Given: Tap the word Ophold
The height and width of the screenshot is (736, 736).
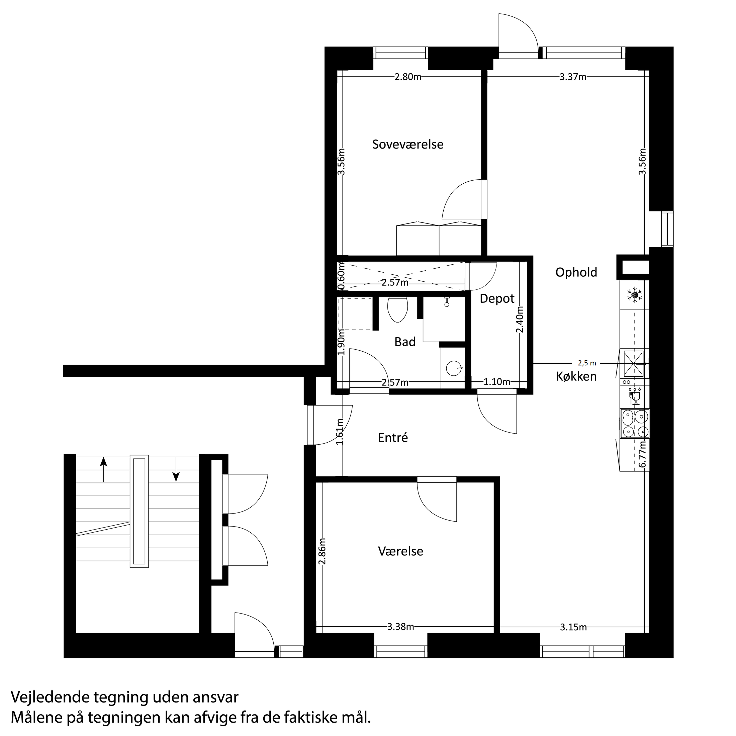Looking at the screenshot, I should point(576,272).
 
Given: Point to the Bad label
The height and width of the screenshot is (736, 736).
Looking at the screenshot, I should point(404,342).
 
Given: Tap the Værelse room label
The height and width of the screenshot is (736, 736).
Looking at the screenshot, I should point(400,551).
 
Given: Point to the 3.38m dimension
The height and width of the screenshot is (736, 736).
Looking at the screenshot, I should point(400,627).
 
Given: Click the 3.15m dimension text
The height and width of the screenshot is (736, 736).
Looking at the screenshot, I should point(573,627).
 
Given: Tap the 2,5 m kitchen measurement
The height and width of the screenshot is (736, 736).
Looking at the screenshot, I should point(587,363).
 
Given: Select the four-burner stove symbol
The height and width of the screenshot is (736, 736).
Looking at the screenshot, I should point(635,424).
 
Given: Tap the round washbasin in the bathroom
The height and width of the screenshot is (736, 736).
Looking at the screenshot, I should point(453,368).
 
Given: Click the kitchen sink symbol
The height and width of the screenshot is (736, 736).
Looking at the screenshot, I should point(634,363).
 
